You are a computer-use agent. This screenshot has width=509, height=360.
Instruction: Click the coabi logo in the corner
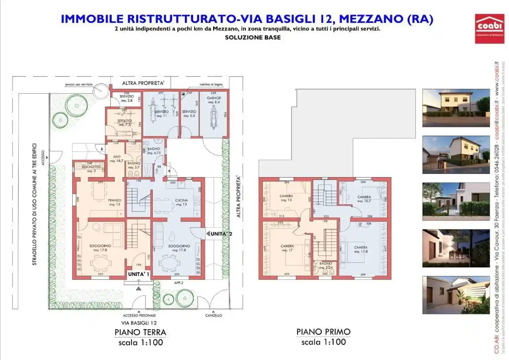(489, 28)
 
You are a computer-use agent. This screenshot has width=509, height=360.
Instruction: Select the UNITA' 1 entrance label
(138, 274)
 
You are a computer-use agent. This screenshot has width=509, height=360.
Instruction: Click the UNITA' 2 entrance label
(221, 234)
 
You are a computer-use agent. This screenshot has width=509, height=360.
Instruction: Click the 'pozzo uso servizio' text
(79, 84)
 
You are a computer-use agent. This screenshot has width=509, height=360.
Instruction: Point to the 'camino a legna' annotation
(211, 84)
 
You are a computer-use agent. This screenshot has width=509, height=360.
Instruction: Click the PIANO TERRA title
(140, 332)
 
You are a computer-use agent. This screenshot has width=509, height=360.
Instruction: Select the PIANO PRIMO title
(323, 332)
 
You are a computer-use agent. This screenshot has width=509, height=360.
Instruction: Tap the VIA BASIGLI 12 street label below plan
(139, 323)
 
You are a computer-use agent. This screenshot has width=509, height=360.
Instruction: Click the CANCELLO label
(213, 315)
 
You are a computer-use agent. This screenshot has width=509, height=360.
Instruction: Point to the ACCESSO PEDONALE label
(139, 315)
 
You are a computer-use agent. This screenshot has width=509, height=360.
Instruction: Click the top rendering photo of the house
(456, 108)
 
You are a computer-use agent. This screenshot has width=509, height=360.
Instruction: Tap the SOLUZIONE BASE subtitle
(253, 38)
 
